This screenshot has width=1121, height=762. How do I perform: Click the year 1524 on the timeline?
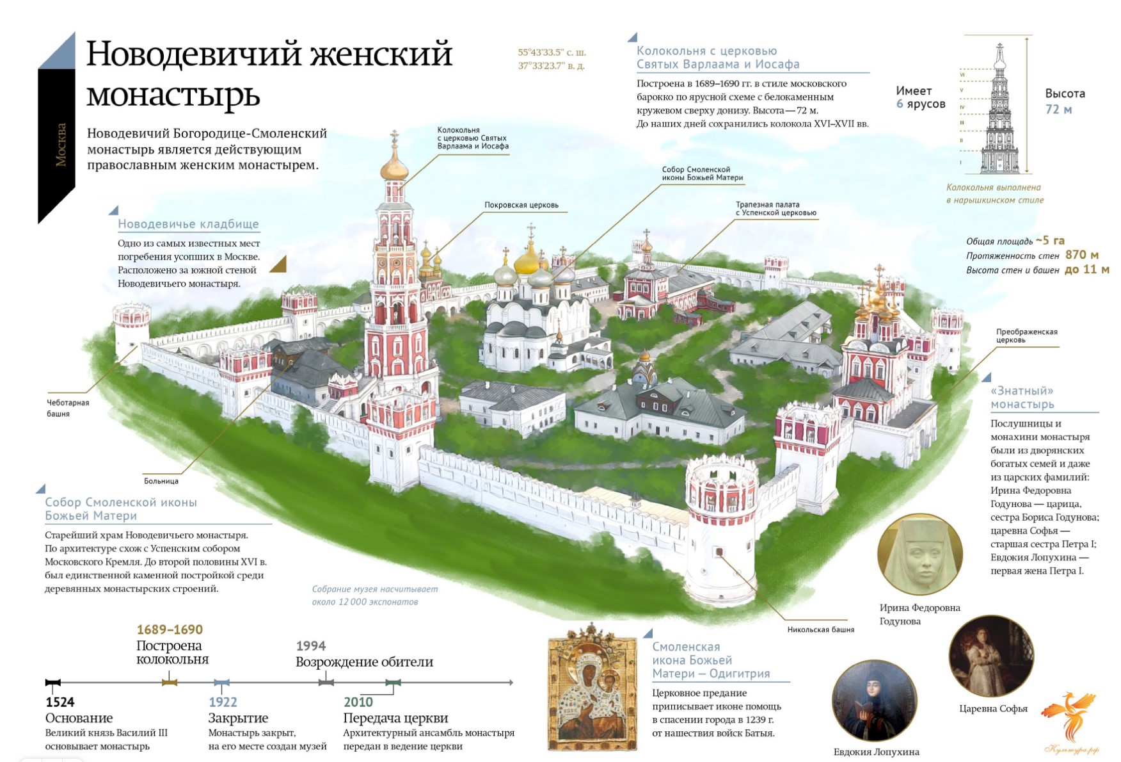tap(60, 702)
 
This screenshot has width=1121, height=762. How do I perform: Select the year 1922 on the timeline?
tap(223, 702)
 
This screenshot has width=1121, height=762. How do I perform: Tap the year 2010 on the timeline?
tap(358, 702)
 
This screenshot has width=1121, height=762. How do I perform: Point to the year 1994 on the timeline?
tap(311, 646)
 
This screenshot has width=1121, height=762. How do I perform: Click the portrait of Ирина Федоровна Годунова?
tap(919, 555)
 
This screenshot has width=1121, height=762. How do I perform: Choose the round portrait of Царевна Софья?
tap(991, 656)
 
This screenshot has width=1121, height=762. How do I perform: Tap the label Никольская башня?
tap(821, 629)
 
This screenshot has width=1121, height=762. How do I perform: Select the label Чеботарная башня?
tap(68, 408)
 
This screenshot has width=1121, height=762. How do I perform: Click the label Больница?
tap(161, 481)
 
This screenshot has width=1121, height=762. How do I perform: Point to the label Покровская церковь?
tap(521, 205)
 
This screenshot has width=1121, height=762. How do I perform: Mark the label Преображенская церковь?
tap(1026, 336)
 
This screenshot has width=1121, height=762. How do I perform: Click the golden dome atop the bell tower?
tap(394, 168)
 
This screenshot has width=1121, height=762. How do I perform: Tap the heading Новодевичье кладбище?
tap(189, 224)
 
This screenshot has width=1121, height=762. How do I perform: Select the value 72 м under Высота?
tap(1058, 109)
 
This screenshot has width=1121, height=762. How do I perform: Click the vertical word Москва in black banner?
tap(61, 145)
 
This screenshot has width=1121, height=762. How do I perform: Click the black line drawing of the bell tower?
tap(1000, 109)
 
